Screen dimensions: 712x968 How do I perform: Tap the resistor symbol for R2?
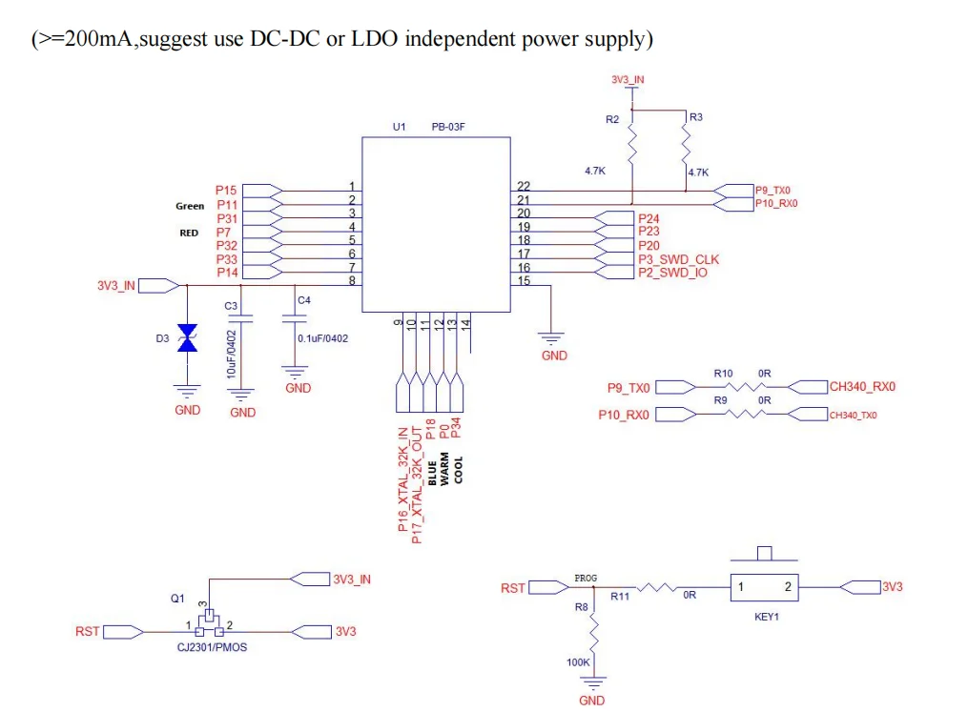pos(631,146)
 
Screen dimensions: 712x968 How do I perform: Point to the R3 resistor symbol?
pos(686,146)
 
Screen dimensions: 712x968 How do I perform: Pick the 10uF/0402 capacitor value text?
pos(230,353)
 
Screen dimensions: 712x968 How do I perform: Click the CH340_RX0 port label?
pos(862,387)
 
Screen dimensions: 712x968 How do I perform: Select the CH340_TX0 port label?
pos(854,415)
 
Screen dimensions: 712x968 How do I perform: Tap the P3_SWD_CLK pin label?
pos(678,259)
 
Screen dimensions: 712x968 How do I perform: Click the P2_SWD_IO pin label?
pos(672,273)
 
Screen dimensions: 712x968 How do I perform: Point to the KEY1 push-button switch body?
pos(764,586)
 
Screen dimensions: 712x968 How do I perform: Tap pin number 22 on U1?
pos(524,186)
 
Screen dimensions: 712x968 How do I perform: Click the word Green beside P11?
pos(190,206)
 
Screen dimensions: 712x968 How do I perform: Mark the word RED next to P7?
pos(189,233)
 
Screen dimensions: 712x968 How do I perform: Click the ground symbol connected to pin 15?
pos(552,337)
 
